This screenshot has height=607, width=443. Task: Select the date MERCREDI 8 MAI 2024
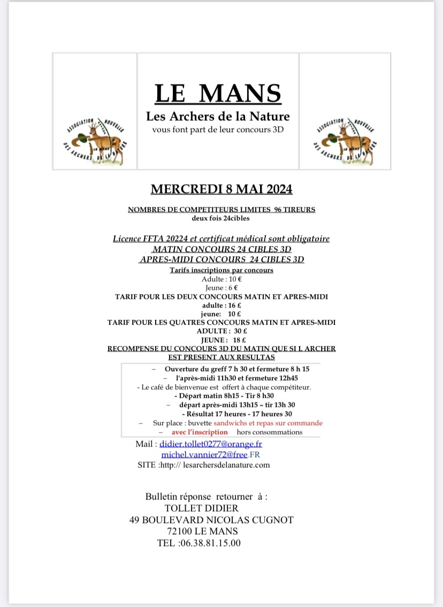222,189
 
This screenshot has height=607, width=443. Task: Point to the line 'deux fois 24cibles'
221,218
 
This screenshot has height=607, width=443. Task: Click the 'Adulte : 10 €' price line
221,279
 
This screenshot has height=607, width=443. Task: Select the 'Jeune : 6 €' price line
221,288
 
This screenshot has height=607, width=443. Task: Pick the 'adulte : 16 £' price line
221,305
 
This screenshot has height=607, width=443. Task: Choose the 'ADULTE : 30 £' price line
221,331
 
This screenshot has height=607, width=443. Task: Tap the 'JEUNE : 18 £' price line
221,340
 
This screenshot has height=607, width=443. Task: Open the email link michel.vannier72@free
204,455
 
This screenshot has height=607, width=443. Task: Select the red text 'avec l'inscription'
200,432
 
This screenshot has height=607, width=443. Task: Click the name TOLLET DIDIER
202,508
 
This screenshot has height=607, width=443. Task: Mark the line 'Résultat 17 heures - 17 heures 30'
237,413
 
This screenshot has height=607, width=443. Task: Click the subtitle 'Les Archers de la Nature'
218,116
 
